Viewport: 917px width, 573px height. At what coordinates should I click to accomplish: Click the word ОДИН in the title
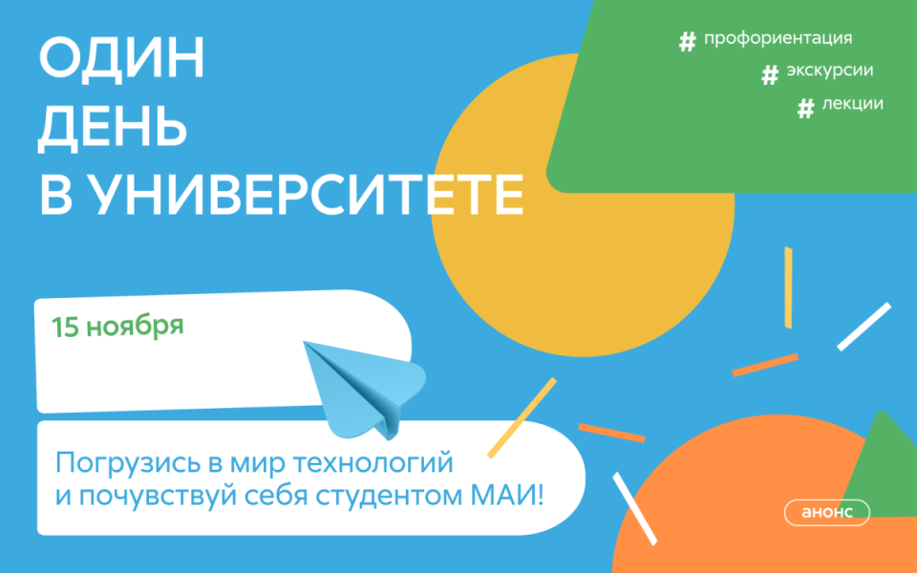(121, 62)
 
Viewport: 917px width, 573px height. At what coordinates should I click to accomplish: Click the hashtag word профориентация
(777, 39)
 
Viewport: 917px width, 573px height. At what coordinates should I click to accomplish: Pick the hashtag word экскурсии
(829, 71)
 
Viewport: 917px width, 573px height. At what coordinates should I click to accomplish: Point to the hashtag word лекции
(852, 104)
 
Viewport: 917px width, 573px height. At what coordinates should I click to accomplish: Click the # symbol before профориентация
(686, 41)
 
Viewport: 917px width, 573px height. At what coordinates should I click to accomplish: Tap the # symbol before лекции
(805, 107)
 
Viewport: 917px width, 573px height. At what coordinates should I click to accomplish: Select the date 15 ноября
(117, 327)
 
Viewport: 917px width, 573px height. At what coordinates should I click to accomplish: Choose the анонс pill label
(826, 512)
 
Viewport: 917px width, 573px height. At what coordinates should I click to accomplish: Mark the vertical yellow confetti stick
(788, 286)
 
